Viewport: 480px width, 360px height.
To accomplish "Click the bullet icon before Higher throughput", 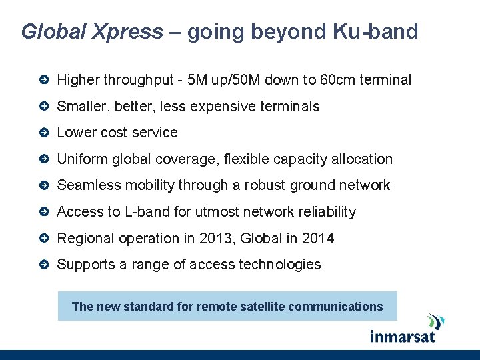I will pyautogui.click(x=43, y=80).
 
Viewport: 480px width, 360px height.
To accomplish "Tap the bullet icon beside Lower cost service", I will pyautogui.click(x=43, y=133).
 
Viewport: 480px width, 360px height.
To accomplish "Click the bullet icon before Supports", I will pyautogui.click(x=43, y=265).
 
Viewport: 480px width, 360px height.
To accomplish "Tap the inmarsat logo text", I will pyautogui.click(x=403, y=335).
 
